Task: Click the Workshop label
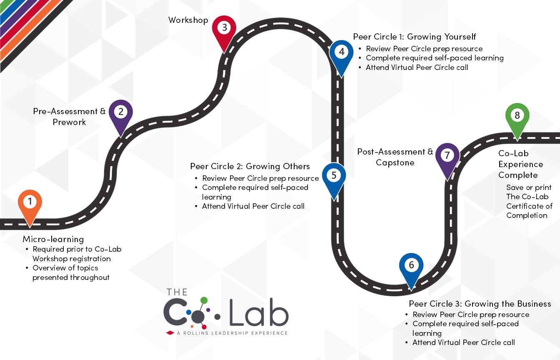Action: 188,20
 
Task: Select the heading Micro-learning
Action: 53,239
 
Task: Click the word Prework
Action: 69,122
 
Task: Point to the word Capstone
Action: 395,163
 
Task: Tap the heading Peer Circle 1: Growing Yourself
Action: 415,37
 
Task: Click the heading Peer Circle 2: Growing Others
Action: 250,166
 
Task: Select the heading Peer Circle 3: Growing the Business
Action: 480,304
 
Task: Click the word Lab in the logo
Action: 259,312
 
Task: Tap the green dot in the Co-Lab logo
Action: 204,300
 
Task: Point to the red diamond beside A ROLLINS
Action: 170,333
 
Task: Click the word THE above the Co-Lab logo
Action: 177,292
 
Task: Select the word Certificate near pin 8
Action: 529,206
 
